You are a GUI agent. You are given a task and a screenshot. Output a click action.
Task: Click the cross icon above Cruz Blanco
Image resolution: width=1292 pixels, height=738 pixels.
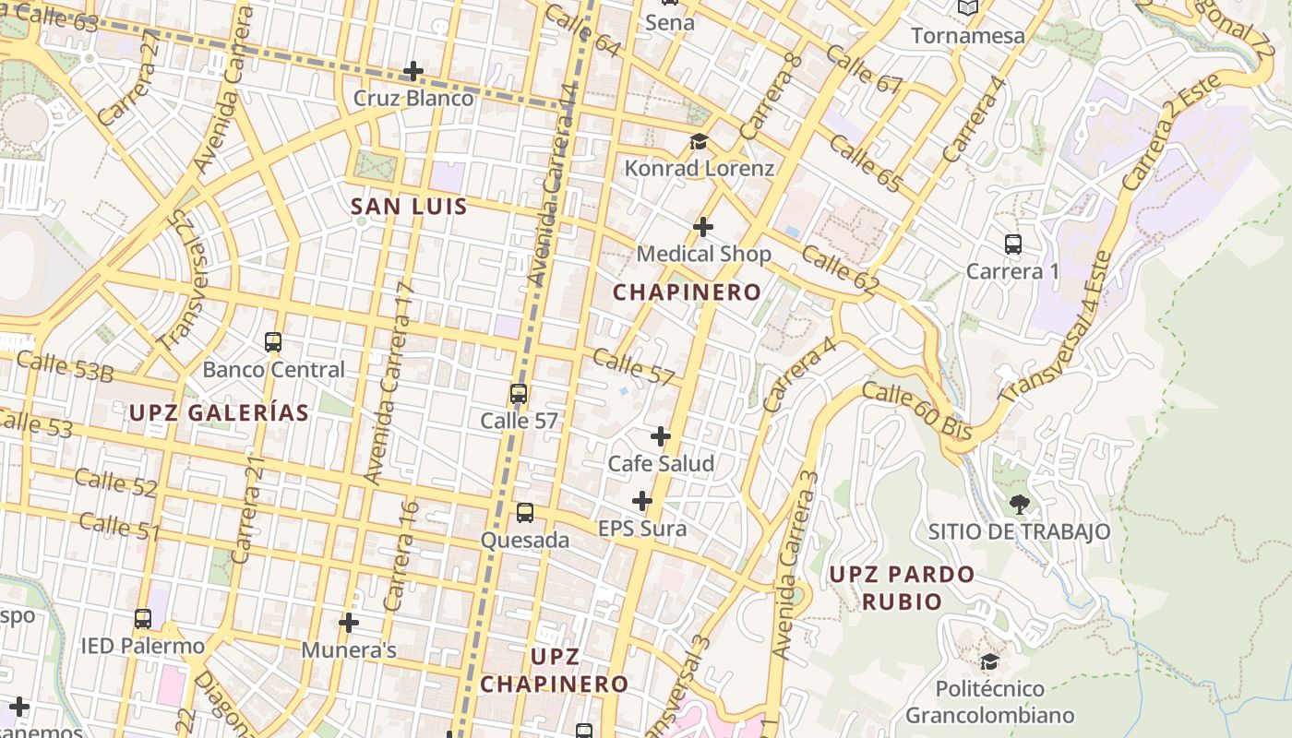click(x=413, y=71)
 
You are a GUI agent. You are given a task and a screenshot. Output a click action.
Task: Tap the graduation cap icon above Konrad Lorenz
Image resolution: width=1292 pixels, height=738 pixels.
click(x=699, y=142)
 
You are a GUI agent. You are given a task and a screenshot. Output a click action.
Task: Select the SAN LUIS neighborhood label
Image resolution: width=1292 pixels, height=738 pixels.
click(x=410, y=207)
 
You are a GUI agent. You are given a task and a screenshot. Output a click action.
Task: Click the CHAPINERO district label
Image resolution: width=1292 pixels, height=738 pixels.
click(x=688, y=292)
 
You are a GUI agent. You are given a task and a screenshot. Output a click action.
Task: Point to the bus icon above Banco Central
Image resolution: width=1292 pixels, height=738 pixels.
click(x=273, y=342)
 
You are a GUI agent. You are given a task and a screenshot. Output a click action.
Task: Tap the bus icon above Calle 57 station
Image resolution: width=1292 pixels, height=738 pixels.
click(x=519, y=394)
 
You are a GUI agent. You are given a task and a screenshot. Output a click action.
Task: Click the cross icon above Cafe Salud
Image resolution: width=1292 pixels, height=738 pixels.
click(x=661, y=435)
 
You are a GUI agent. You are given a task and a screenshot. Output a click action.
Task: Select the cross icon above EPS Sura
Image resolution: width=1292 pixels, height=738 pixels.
click(x=642, y=501)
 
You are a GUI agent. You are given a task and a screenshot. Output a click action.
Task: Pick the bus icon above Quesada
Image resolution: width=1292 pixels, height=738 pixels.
click(x=524, y=513)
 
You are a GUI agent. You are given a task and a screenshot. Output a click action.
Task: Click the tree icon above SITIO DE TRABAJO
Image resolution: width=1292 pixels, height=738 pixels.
click(x=1019, y=504)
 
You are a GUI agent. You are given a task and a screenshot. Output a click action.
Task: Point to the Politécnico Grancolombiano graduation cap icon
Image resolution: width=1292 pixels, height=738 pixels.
click(x=989, y=661)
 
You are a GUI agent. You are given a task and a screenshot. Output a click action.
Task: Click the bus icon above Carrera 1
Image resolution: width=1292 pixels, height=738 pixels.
click(x=1012, y=244)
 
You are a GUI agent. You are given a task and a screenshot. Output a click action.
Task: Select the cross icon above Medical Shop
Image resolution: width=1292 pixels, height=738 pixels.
click(x=703, y=226)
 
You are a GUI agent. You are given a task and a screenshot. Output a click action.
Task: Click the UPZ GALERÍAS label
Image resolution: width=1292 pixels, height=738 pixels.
click(x=219, y=412)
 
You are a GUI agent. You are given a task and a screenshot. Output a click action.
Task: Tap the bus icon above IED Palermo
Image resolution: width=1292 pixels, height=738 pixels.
click(x=142, y=618)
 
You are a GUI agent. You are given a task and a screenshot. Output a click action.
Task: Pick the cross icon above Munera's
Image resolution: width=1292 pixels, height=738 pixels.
click(x=348, y=623)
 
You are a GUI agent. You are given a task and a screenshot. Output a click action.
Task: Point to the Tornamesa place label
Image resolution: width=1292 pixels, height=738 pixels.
click(x=968, y=36)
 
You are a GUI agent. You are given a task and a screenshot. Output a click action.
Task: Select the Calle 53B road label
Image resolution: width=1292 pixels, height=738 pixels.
click(x=65, y=366)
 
